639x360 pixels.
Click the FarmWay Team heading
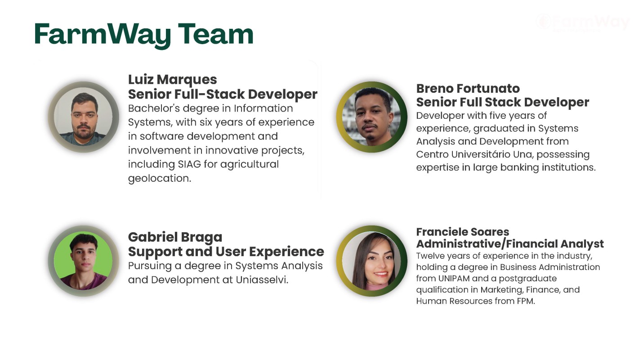(x=144, y=35)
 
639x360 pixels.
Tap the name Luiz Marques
(x=172, y=80)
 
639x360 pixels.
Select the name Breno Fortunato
(x=468, y=89)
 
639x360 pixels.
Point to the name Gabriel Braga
(x=175, y=238)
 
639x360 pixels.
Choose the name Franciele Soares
(x=462, y=232)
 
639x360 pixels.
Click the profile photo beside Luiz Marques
(x=84, y=117)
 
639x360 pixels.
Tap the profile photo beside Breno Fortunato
(x=372, y=117)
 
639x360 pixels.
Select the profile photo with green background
(x=84, y=261)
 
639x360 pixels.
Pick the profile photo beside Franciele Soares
(x=372, y=261)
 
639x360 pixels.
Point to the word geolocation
(x=160, y=179)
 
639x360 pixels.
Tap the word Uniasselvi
(x=262, y=280)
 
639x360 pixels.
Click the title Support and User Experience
(x=226, y=252)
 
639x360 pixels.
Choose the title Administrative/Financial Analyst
(x=510, y=244)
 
